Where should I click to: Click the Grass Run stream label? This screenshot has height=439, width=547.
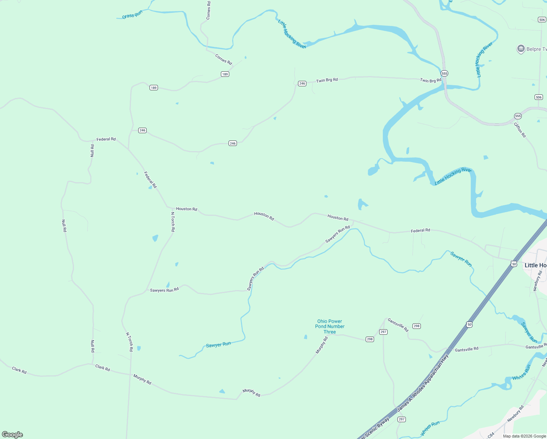pyautogui.click(x=132, y=15)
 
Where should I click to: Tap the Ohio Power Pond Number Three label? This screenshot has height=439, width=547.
pyautogui.click(x=330, y=326)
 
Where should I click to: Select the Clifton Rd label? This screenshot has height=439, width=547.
pyautogui.click(x=520, y=130)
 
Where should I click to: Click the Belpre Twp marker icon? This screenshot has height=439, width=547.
pyautogui.click(x=521, y=49)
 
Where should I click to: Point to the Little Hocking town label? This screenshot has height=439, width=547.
pyautogui.click(x=536, y=265)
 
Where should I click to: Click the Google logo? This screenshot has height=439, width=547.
pyautogui.click(x=12, y=435)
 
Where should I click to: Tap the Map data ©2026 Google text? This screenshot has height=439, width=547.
pyautogui.click(x=524, y=436)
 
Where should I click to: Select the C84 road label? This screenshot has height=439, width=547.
pyautogui.click(x=491, y=435)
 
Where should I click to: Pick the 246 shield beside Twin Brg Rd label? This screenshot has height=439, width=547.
pyautogui.click(x=302, y=83)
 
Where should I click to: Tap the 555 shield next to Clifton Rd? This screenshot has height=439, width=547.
pyautogui.click(x=518, y=116)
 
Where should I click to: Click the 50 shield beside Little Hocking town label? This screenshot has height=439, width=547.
pyautogui.click(x=514, y=264)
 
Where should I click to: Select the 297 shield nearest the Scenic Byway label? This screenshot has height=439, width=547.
pyautogui.click(x=401, y=419)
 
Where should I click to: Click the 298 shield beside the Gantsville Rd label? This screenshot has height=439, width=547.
pyautogui.click(x=416, y=326)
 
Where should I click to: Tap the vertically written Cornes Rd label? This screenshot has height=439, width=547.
pyautogui.click(x=208, y=10)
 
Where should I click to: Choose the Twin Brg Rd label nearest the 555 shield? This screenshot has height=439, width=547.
pyautogui.click(x=430, y=80)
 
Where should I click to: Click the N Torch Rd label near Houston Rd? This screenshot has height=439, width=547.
pyautogui.click(x=173, y=222)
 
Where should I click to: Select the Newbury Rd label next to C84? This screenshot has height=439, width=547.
pyautogui.click(x=516, y=414)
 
